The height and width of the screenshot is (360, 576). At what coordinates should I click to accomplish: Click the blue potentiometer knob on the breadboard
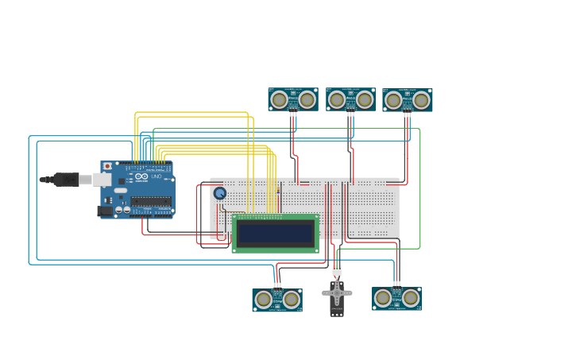[220, 193]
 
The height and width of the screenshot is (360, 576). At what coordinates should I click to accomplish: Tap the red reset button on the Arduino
[107, 166]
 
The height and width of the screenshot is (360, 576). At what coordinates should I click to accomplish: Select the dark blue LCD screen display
[276, 234]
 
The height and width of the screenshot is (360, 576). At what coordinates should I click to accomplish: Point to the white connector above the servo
[337, 271]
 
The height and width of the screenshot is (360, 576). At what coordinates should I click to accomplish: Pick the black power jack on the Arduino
[104, 211]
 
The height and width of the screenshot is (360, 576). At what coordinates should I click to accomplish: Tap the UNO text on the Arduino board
[157, 176]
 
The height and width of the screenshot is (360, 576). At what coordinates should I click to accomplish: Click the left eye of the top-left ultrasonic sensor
[279, 99]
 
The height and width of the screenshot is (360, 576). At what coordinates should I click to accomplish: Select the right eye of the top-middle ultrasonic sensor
[365, 99]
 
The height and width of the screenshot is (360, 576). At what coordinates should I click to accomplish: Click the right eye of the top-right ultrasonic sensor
[422, 100]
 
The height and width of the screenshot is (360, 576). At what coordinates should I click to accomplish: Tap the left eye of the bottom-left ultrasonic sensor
[263, 300]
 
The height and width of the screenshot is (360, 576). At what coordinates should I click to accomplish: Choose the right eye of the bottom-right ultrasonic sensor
[411, 298]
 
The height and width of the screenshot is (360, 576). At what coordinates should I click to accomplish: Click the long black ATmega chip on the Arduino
[151, 201]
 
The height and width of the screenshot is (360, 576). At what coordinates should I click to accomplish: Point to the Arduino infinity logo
[141, 176]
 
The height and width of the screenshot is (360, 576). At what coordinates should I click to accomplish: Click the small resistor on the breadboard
[279, 188]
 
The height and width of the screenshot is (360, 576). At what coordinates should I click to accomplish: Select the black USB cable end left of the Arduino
[56, 180]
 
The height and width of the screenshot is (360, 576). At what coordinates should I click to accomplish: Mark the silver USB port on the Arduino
[102, 180]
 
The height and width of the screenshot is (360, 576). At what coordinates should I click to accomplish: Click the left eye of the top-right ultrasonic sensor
[393, 100]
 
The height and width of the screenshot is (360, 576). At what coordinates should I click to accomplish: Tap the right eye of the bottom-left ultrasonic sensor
[292, 300]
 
